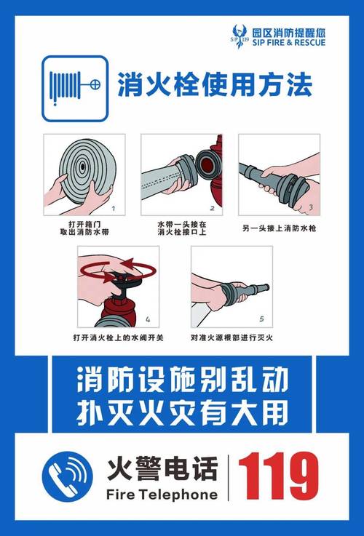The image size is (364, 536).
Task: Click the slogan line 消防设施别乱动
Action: coord(181,380)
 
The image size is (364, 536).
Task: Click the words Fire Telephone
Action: coord(162,495)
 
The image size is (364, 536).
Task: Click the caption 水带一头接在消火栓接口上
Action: coord(181,228)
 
